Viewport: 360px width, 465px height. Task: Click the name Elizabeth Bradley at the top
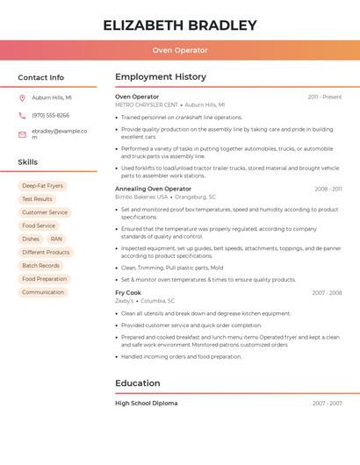click(x=180, y=25)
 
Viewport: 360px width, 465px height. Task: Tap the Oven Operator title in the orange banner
click(x=180, y=51)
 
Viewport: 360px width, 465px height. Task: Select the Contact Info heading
click(x=41, y=77)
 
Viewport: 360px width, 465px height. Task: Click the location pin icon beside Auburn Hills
click(x=23, y=97)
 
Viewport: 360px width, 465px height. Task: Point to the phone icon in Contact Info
click(x=23, y=115)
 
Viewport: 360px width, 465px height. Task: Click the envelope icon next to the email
click(x=23, y=133)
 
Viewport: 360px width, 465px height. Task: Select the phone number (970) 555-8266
click(x=51, y=115)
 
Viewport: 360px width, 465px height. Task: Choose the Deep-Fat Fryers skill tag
click(x=42, y=186)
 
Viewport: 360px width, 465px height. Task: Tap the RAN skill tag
click(x=56, y=239)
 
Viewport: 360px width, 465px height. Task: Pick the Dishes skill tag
click(x=31, y=239)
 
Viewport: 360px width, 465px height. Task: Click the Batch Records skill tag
click(x=40, y=265)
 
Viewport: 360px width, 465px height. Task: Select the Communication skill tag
click(x=43, y=292)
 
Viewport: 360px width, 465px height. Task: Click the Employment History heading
click(x=161, y=77)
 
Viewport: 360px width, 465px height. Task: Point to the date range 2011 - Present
click(x=324, y=97)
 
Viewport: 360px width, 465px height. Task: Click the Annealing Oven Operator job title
click(x=153, y=189)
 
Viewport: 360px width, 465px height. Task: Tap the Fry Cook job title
click(x=128, y=292)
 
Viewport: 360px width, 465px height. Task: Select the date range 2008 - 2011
click(x=328, y=189)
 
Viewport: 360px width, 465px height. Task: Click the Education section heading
click(x=138, y=383)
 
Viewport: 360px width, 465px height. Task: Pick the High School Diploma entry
click(x=147, y=403)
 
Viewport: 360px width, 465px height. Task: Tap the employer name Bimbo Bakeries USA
click(x=141, y=197)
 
